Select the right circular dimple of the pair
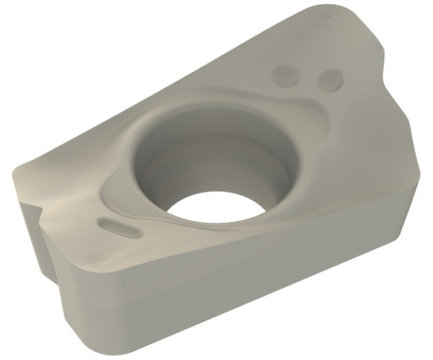pyautogui.click(x=329, y=80)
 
